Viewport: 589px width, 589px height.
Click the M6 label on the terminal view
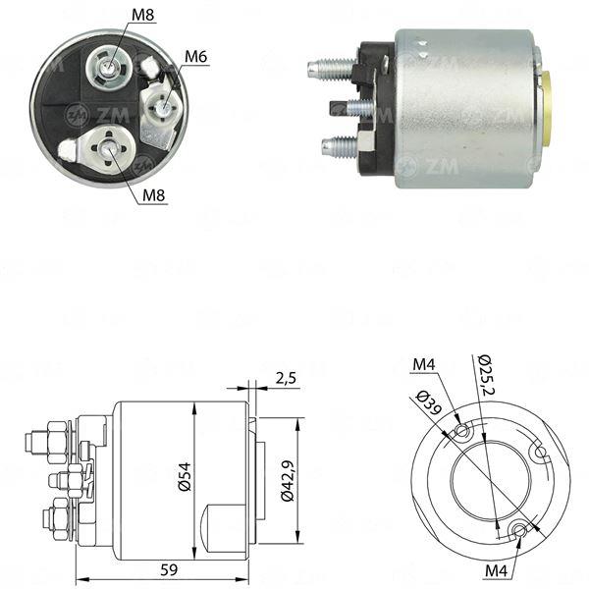pos(195,57)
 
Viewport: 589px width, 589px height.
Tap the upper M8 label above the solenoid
pos(143,15)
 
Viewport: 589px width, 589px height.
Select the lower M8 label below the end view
pos(154,195)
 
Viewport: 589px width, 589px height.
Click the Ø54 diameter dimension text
pos(185,477)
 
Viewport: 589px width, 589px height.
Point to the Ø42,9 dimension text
pos(289,480)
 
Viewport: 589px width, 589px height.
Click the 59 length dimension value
pos(169,569)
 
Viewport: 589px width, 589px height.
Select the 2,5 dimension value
pos(286,378)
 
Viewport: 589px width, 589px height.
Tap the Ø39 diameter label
pos(429,403)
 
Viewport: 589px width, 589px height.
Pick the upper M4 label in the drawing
pos(424,364)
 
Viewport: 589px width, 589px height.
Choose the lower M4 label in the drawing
pos(496,571)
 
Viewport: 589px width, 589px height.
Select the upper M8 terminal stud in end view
pos(109,68)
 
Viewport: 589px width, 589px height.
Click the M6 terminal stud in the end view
pos(163,107)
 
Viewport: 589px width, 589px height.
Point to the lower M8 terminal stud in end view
pos(109,148)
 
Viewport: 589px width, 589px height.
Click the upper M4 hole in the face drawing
pos(462,430)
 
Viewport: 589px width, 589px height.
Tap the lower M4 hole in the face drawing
pos(520,530)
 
